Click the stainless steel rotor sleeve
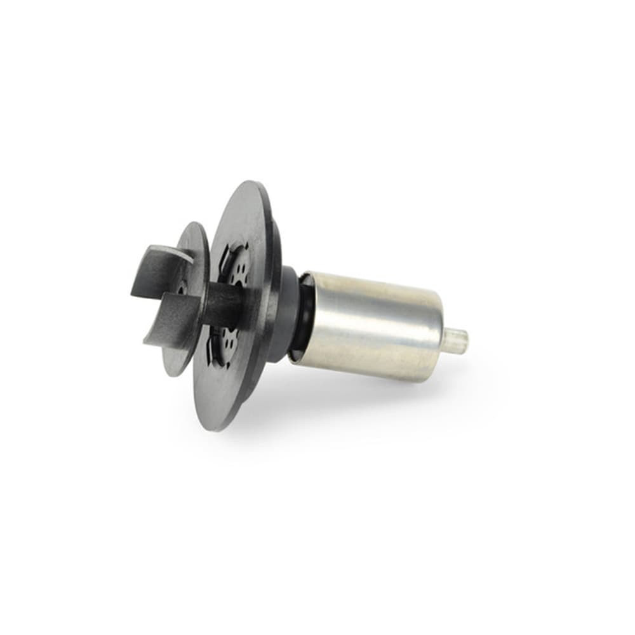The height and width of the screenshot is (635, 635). (375, 324)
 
